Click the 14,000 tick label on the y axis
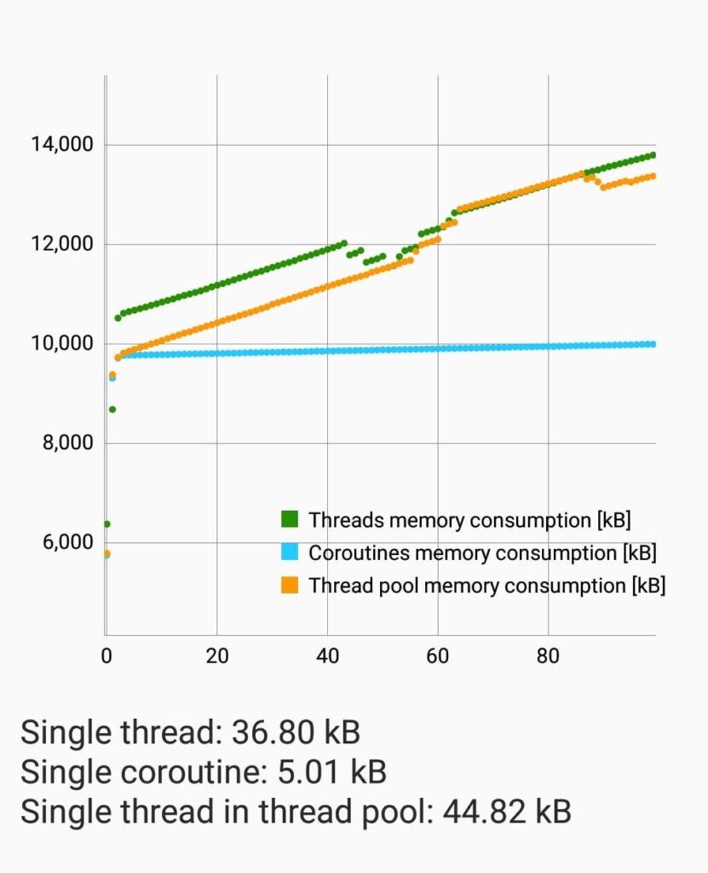(61, 145)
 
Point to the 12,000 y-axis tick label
(61, 245)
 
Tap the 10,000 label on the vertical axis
(61, 344)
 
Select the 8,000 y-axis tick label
(67, 443)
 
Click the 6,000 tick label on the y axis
(67, 543)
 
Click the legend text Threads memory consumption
(469, 519)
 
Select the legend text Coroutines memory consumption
(482, 552)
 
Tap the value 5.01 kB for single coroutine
(333, 772)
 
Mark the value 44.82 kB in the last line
(507, 812)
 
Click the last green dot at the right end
(653, 155)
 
